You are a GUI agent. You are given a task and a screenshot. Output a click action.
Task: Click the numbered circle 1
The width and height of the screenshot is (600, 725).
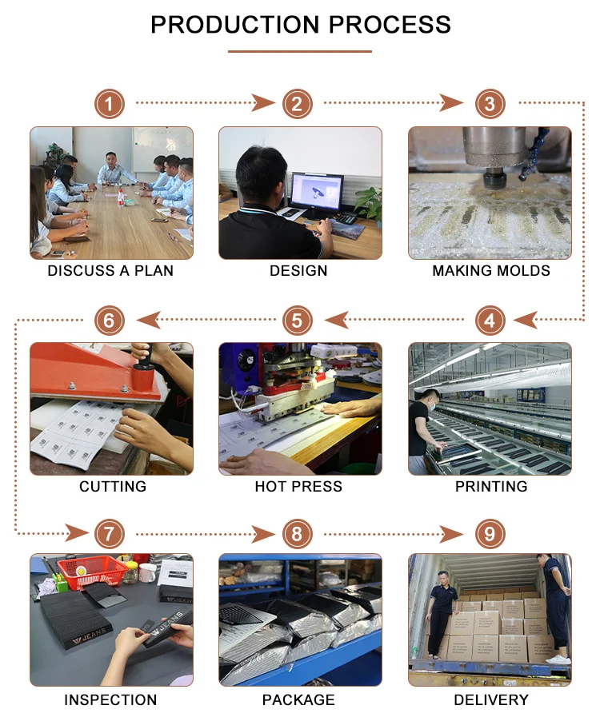[x=109, y=104]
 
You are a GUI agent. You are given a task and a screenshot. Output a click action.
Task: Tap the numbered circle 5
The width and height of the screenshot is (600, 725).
[x=297, y=320]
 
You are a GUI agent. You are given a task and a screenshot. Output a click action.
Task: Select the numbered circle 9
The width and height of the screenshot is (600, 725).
[x=490, y=534]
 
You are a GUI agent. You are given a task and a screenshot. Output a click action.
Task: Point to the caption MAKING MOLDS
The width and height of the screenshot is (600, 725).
[x=491, y=270]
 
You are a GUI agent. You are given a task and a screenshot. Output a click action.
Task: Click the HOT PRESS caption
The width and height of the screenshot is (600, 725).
[x=298, y=487]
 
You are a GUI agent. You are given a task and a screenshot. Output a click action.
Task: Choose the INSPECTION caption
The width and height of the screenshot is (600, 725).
[x=110, y=699]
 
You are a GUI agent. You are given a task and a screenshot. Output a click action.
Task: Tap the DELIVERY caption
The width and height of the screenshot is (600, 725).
[x=491, y=699]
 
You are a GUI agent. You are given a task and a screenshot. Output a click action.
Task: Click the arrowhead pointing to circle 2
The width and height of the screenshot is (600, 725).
[x=264, y=102]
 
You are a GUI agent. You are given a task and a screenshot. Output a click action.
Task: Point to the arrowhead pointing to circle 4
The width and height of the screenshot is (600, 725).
[x=526, y=320]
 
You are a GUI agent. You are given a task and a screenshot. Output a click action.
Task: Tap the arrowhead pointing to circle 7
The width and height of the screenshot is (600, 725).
[x=76, y=533]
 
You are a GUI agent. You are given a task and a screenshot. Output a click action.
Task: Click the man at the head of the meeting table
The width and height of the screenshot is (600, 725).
[x=111, y=169]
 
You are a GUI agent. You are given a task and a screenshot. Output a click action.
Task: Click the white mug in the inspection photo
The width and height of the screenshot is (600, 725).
[x=147, y=572]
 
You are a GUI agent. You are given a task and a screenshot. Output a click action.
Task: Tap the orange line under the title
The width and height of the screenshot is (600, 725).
[x=300, y=51]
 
